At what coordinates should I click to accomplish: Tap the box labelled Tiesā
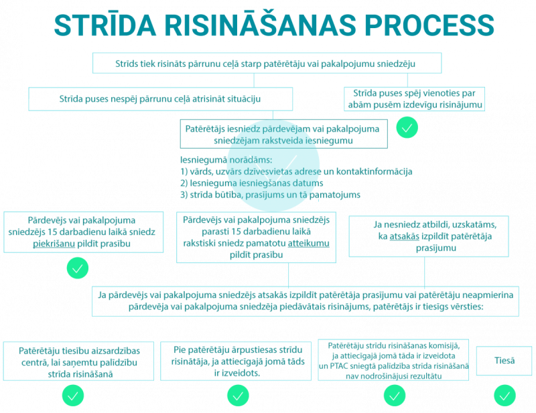[504, 361]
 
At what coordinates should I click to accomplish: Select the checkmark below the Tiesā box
[504, 396]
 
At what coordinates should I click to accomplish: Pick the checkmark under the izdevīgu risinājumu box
[407, 127]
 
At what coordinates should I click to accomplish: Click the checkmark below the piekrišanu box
[78, 269]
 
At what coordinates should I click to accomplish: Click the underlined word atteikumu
[308, 245]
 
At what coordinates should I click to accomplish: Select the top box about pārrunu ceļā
[266, 64]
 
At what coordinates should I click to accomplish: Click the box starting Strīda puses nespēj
[161, 99]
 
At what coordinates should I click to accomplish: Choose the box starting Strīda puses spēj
[414, 99]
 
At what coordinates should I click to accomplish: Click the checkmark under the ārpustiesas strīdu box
[238, 396]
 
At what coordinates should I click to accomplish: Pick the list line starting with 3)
[270, 195]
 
